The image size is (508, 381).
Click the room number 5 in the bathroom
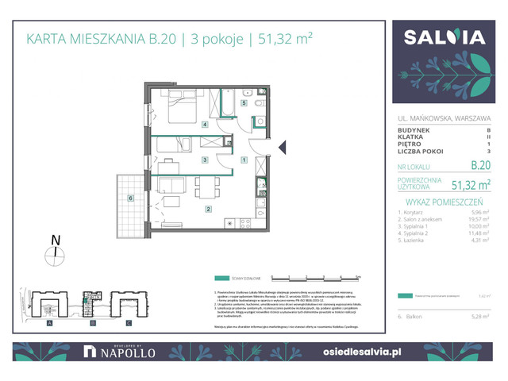click(244, 103)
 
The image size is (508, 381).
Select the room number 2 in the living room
click(208, 210)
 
